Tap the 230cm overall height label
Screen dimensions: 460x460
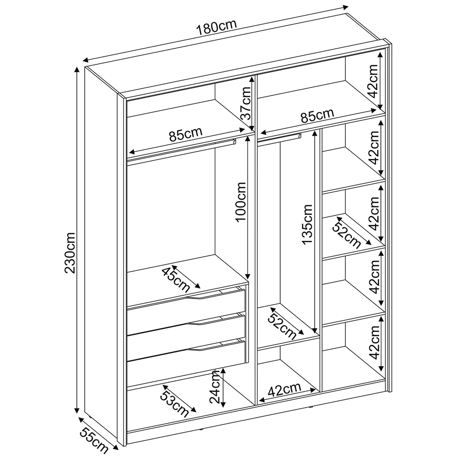tap(70, 253)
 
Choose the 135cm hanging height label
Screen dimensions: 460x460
tap(307, 224)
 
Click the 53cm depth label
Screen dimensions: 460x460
tap(174, 404)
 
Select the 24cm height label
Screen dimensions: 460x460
tap(214, 387)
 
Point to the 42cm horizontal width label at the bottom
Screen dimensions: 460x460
tap(285, 390)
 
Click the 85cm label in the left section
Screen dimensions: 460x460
tap(186, 135)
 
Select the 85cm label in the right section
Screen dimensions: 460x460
tap(317, 115)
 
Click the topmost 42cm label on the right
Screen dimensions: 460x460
tap(373, 81)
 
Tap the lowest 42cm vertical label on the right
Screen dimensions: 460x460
tap(374, 342)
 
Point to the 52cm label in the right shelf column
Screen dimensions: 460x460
tap(347, 235)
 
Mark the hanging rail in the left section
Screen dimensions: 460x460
tap(181, 150)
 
